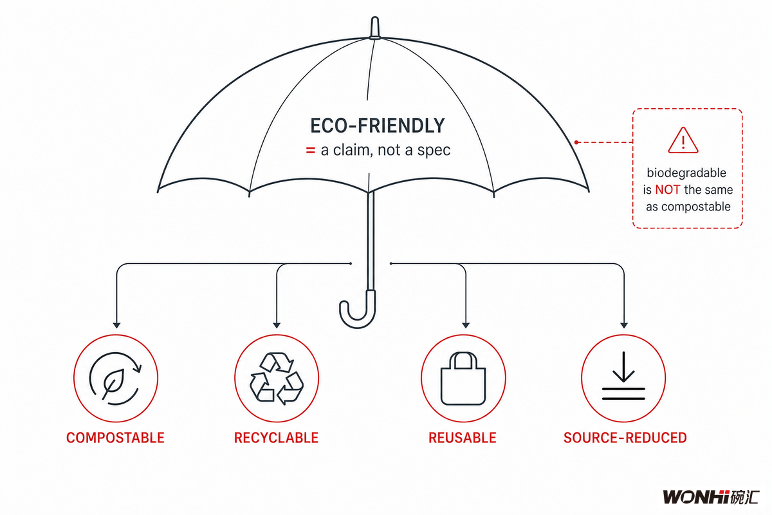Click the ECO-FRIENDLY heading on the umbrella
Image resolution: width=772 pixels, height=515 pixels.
click(378, 126)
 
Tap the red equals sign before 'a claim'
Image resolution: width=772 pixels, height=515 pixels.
click(310, 150)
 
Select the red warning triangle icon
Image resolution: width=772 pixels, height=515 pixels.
click(683, 140)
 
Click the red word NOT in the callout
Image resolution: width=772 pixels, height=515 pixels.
click(668, 190)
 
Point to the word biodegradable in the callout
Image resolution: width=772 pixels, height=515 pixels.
click(686, 173)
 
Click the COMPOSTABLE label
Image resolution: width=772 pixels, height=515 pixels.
click(115, 438)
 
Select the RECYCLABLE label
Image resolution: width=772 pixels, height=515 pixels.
click(277, 438)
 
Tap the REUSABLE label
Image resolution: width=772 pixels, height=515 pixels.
click(463, 438)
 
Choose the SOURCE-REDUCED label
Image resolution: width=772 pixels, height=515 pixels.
click(625, 438)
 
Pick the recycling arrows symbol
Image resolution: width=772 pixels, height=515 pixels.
click(277, 379)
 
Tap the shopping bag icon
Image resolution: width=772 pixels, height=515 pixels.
click(463, 379)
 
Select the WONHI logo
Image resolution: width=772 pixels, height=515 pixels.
click(712, 497)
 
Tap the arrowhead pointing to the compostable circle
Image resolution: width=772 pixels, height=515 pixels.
click(116, 325)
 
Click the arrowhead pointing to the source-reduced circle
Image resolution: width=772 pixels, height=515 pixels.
click(624, 325)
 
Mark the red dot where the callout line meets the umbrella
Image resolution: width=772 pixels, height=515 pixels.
click(576, 142)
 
